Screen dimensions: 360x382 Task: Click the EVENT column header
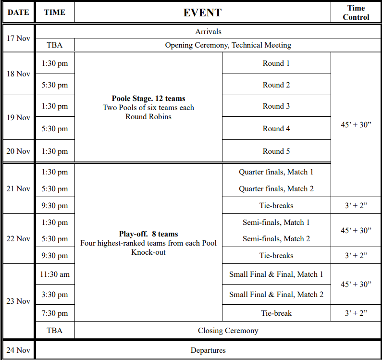202,12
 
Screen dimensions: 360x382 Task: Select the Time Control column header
356,12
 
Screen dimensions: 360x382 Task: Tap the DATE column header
18,12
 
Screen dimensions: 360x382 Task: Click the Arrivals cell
209,32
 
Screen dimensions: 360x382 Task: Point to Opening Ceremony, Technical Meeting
228,45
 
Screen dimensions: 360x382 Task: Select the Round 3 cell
276,106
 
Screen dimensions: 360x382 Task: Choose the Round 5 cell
276,151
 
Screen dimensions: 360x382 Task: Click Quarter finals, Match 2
276,189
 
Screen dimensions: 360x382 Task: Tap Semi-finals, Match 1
276,223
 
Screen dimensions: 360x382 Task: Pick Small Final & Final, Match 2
276,294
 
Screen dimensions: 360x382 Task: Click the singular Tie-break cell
276,313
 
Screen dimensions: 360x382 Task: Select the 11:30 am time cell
55,274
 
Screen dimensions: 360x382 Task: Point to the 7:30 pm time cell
55,313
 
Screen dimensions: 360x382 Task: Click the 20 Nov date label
18,151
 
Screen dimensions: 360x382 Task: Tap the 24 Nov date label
18,350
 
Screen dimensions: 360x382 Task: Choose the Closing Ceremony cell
228,331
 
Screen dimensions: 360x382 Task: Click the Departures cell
209,350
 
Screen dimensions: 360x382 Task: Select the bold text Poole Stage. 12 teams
148,99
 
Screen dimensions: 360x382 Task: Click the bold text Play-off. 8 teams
148,234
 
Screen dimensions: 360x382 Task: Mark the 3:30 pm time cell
55,294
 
